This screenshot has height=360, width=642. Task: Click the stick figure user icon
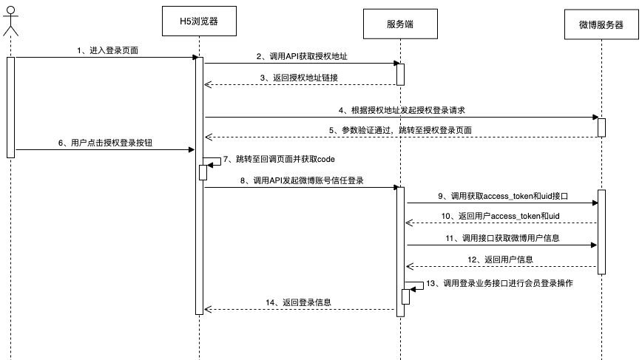10,21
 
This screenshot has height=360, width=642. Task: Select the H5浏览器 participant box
199,21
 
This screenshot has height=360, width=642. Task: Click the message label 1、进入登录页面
107,50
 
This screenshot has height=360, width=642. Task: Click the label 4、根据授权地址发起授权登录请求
402,109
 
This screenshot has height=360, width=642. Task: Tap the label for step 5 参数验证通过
403,130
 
